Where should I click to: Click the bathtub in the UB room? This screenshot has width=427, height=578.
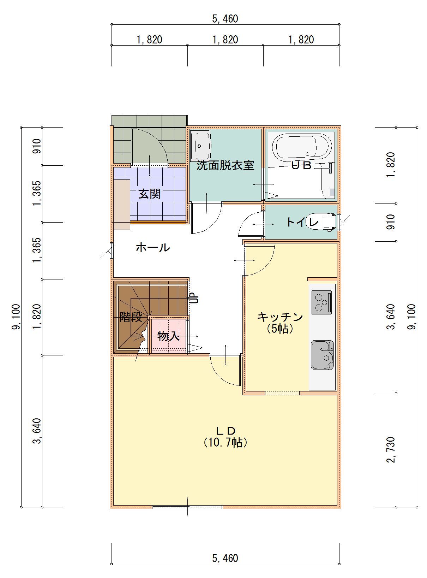coord(302,146)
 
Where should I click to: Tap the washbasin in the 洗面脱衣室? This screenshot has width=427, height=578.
coord(200,146)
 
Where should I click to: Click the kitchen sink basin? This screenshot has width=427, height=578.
coord(322,355)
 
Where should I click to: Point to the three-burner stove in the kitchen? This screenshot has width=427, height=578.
coord(321,302)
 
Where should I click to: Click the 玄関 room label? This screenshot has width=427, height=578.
coord(150,194)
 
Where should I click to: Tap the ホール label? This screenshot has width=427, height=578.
coord(153,247)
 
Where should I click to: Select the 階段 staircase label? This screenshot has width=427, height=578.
coord(131,317)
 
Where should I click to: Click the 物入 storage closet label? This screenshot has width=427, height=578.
coord(168,336)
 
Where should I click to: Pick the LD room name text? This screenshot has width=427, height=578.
coord(226,431)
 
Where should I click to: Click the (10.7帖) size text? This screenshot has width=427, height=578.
coord(225,442)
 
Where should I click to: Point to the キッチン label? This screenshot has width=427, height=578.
coord(280,317)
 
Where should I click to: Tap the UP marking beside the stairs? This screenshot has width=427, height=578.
coord(195,299)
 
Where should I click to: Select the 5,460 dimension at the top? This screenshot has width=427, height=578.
coord(225,19)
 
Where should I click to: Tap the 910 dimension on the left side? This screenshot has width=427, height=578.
coord(37,146)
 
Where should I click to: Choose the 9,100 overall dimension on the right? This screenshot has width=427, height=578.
coord(411,317)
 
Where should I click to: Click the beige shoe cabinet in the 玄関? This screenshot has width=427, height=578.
coord(122,205)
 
